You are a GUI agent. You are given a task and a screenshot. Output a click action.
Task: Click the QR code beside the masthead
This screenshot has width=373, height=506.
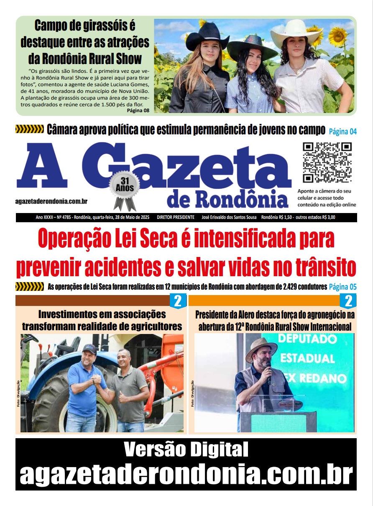click(x=327, y=162)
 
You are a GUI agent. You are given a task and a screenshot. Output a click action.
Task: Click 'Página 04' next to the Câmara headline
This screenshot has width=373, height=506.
click(x=342, y=131)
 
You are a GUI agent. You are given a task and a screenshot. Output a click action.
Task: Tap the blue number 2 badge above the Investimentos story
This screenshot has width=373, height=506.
click(x=178, y=301)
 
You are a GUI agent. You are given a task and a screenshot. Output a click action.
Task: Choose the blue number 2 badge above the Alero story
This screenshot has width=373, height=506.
click(x=348, y=301)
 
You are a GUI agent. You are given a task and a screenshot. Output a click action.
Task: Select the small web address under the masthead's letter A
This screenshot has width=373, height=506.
click(x=51, y=202)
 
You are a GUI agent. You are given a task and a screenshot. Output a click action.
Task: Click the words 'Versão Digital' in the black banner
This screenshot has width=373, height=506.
click(x=186, y=450)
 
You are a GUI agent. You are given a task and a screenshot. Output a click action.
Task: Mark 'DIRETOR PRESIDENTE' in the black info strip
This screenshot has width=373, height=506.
click(x=176, y=218)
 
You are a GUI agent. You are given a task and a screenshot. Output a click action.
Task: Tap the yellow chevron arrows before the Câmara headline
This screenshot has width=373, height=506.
click(x=29, y=129)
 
